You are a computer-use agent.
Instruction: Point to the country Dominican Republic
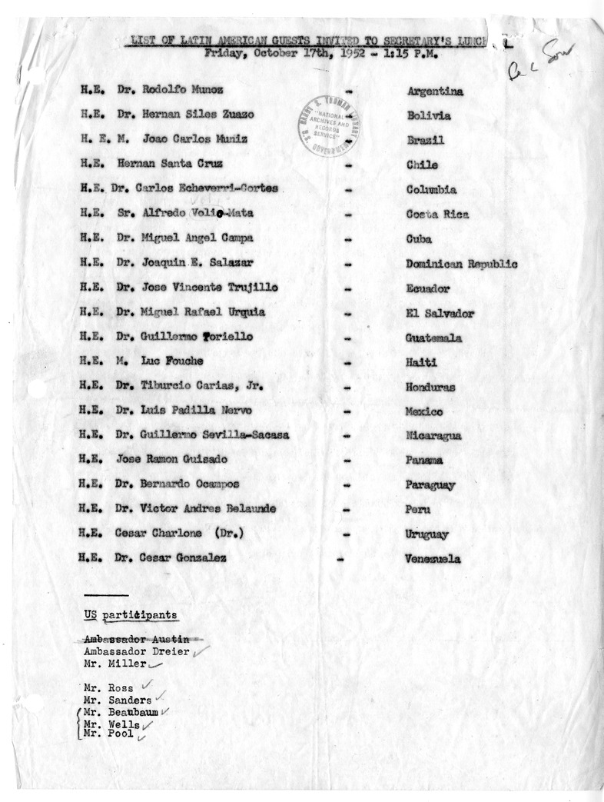461,264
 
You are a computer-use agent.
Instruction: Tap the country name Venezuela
433,559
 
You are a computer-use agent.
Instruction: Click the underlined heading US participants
131,615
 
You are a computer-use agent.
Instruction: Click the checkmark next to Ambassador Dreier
201,651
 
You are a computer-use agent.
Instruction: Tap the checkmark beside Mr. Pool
141,736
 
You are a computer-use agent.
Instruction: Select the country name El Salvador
440,313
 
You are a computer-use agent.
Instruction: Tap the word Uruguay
427,534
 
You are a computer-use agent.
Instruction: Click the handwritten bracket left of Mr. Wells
80,724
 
